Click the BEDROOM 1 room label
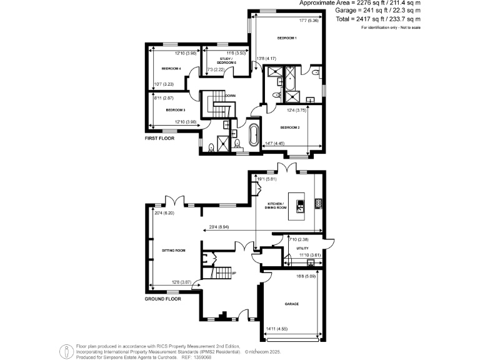tap(287, 39)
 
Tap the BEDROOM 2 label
tap(290, 127)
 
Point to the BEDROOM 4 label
tap(171, 68)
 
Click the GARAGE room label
tap(291, 304)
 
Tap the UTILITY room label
tap(302, 248)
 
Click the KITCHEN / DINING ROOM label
tap(276, 206)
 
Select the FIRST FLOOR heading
tap(159, 137)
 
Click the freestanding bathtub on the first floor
tap(255, 135)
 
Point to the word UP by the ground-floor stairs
tap(234, 273)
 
